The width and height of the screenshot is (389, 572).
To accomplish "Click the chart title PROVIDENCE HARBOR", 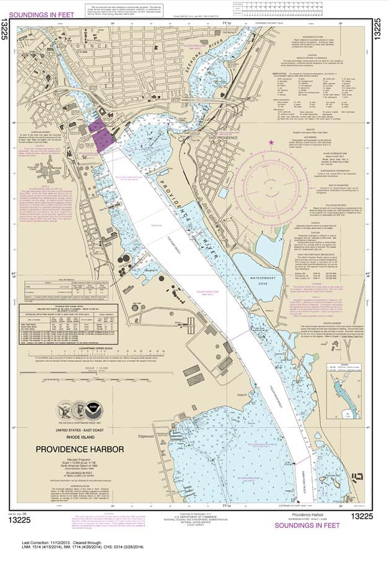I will [79, 448].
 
